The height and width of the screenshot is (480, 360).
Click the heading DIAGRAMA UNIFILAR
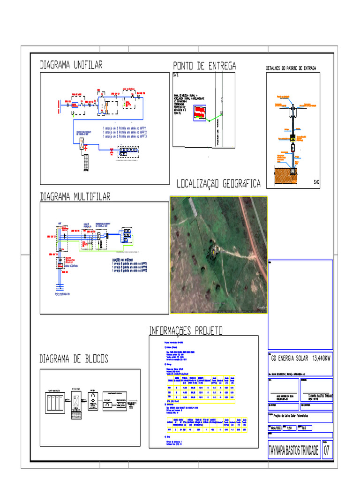coord(71,65)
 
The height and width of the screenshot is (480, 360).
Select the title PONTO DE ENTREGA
coord(204,66)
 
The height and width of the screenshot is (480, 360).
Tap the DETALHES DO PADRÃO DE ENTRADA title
coord(291,68)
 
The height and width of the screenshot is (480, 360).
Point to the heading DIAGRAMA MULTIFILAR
coord(75,197)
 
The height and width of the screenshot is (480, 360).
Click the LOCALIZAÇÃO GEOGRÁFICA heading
coord(218,185)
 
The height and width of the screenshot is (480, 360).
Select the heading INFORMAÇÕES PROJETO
coord(186,331)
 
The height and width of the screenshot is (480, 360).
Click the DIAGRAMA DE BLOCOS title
coord(74,359)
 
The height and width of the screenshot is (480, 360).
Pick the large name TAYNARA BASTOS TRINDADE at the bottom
coord(293,451)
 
